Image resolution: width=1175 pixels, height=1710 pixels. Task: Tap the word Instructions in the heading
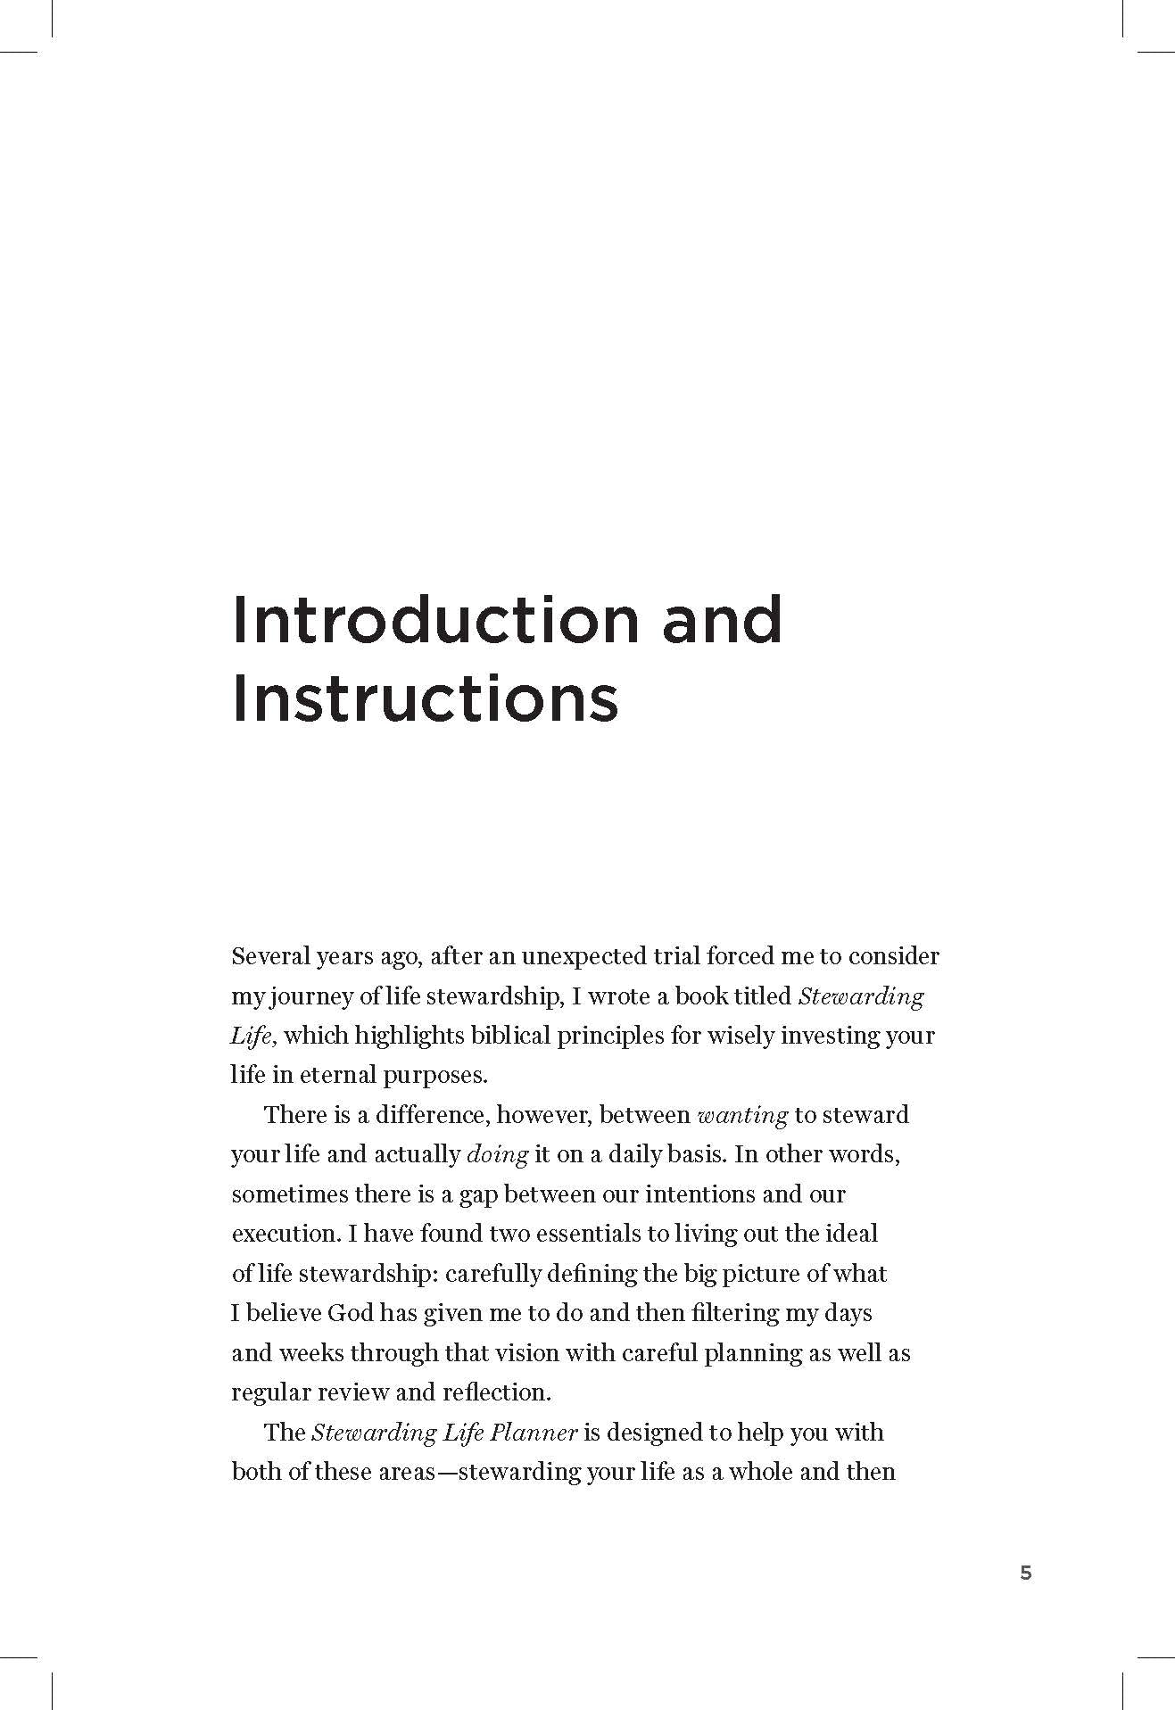coord(425,700)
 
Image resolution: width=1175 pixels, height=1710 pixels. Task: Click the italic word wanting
coord(741,1115)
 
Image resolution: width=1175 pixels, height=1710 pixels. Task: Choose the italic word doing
coord(498,1154)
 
